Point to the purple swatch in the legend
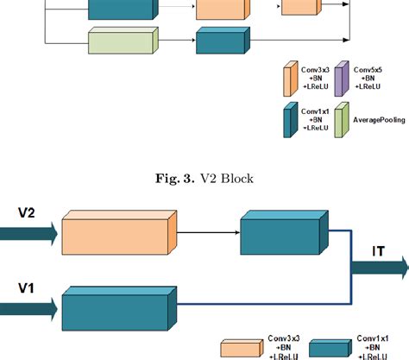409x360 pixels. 340,76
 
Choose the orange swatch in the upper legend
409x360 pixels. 290,78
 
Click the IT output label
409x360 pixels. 379,251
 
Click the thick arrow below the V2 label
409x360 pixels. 29,231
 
